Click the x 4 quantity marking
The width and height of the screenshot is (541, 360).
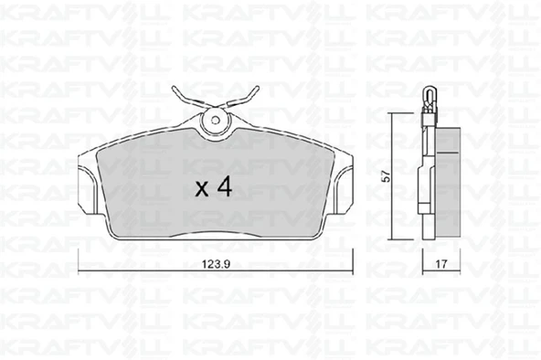214,188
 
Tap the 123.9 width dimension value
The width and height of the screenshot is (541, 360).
216,264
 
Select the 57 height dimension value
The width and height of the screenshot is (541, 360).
387,176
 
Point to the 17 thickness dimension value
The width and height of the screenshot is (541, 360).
441,264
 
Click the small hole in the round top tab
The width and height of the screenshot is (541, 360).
216,121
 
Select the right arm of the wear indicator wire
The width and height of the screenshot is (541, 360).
242,97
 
